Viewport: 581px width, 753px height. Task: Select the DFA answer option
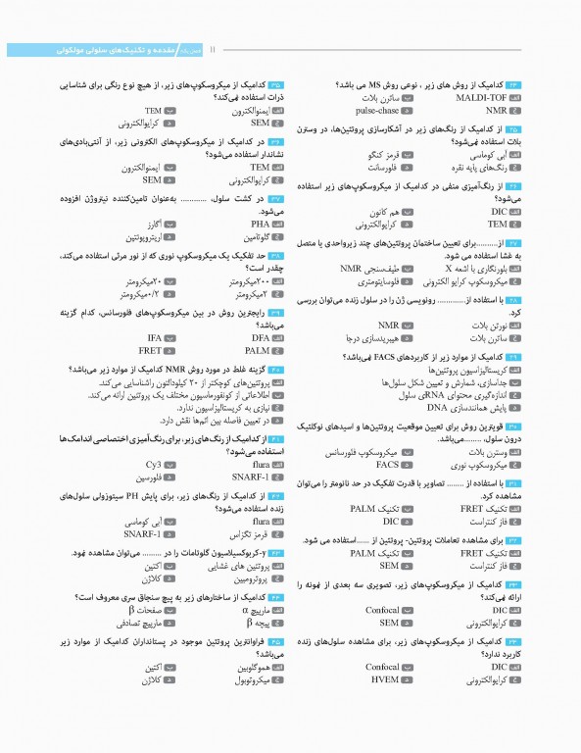(258, 337)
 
